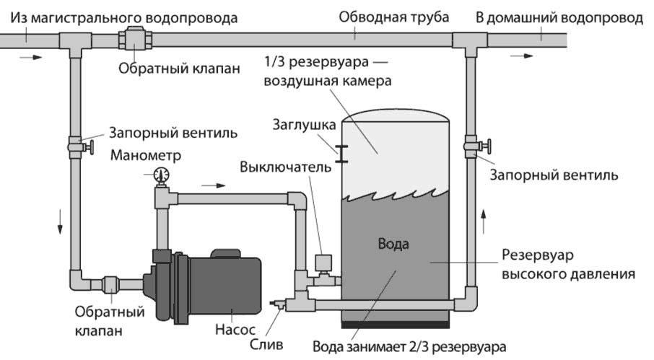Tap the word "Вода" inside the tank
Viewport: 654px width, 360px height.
[x=393, y=243]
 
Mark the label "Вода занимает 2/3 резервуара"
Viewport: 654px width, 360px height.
[x=409, y=344]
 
